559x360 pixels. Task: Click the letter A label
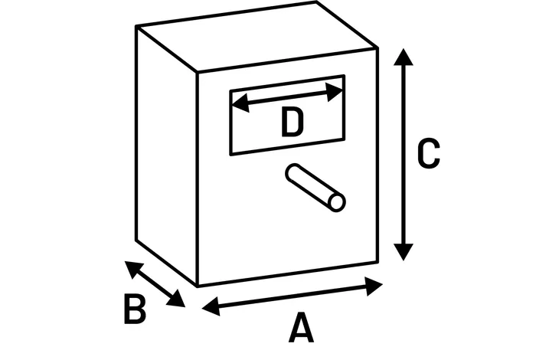(x=301, y=328)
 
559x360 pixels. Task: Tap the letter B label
(x=135, y=309)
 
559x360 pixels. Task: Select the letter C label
(x=429, y=152)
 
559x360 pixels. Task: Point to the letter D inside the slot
(x=292, y=123)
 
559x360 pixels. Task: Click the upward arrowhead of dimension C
(x=404, y=57)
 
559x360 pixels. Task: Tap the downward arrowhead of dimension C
(x=404, y=252)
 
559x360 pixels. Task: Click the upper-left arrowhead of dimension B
(x=133, y=270)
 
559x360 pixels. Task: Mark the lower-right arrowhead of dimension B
(x=176, y=299)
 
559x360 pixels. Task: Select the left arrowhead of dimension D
(x=240, y=103)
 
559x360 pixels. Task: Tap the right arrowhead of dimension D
(x=335, y=93)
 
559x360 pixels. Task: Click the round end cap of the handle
(x=337, y=202)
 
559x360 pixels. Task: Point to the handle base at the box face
(x=294, y=172)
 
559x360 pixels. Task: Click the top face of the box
(x=257, y=36)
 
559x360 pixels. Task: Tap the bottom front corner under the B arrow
(x=198, y=286)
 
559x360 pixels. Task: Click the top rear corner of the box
(x=316, y=2)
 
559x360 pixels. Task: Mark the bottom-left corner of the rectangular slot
(x=231, y=154)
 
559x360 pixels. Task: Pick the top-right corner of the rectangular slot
(x=344, y=76)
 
